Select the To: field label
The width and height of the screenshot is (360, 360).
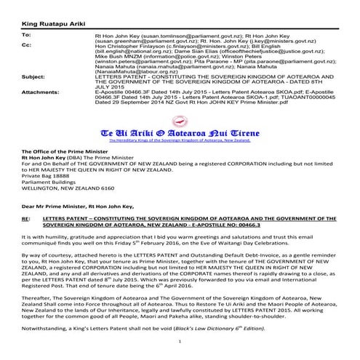26,34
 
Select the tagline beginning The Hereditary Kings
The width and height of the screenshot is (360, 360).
180,145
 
